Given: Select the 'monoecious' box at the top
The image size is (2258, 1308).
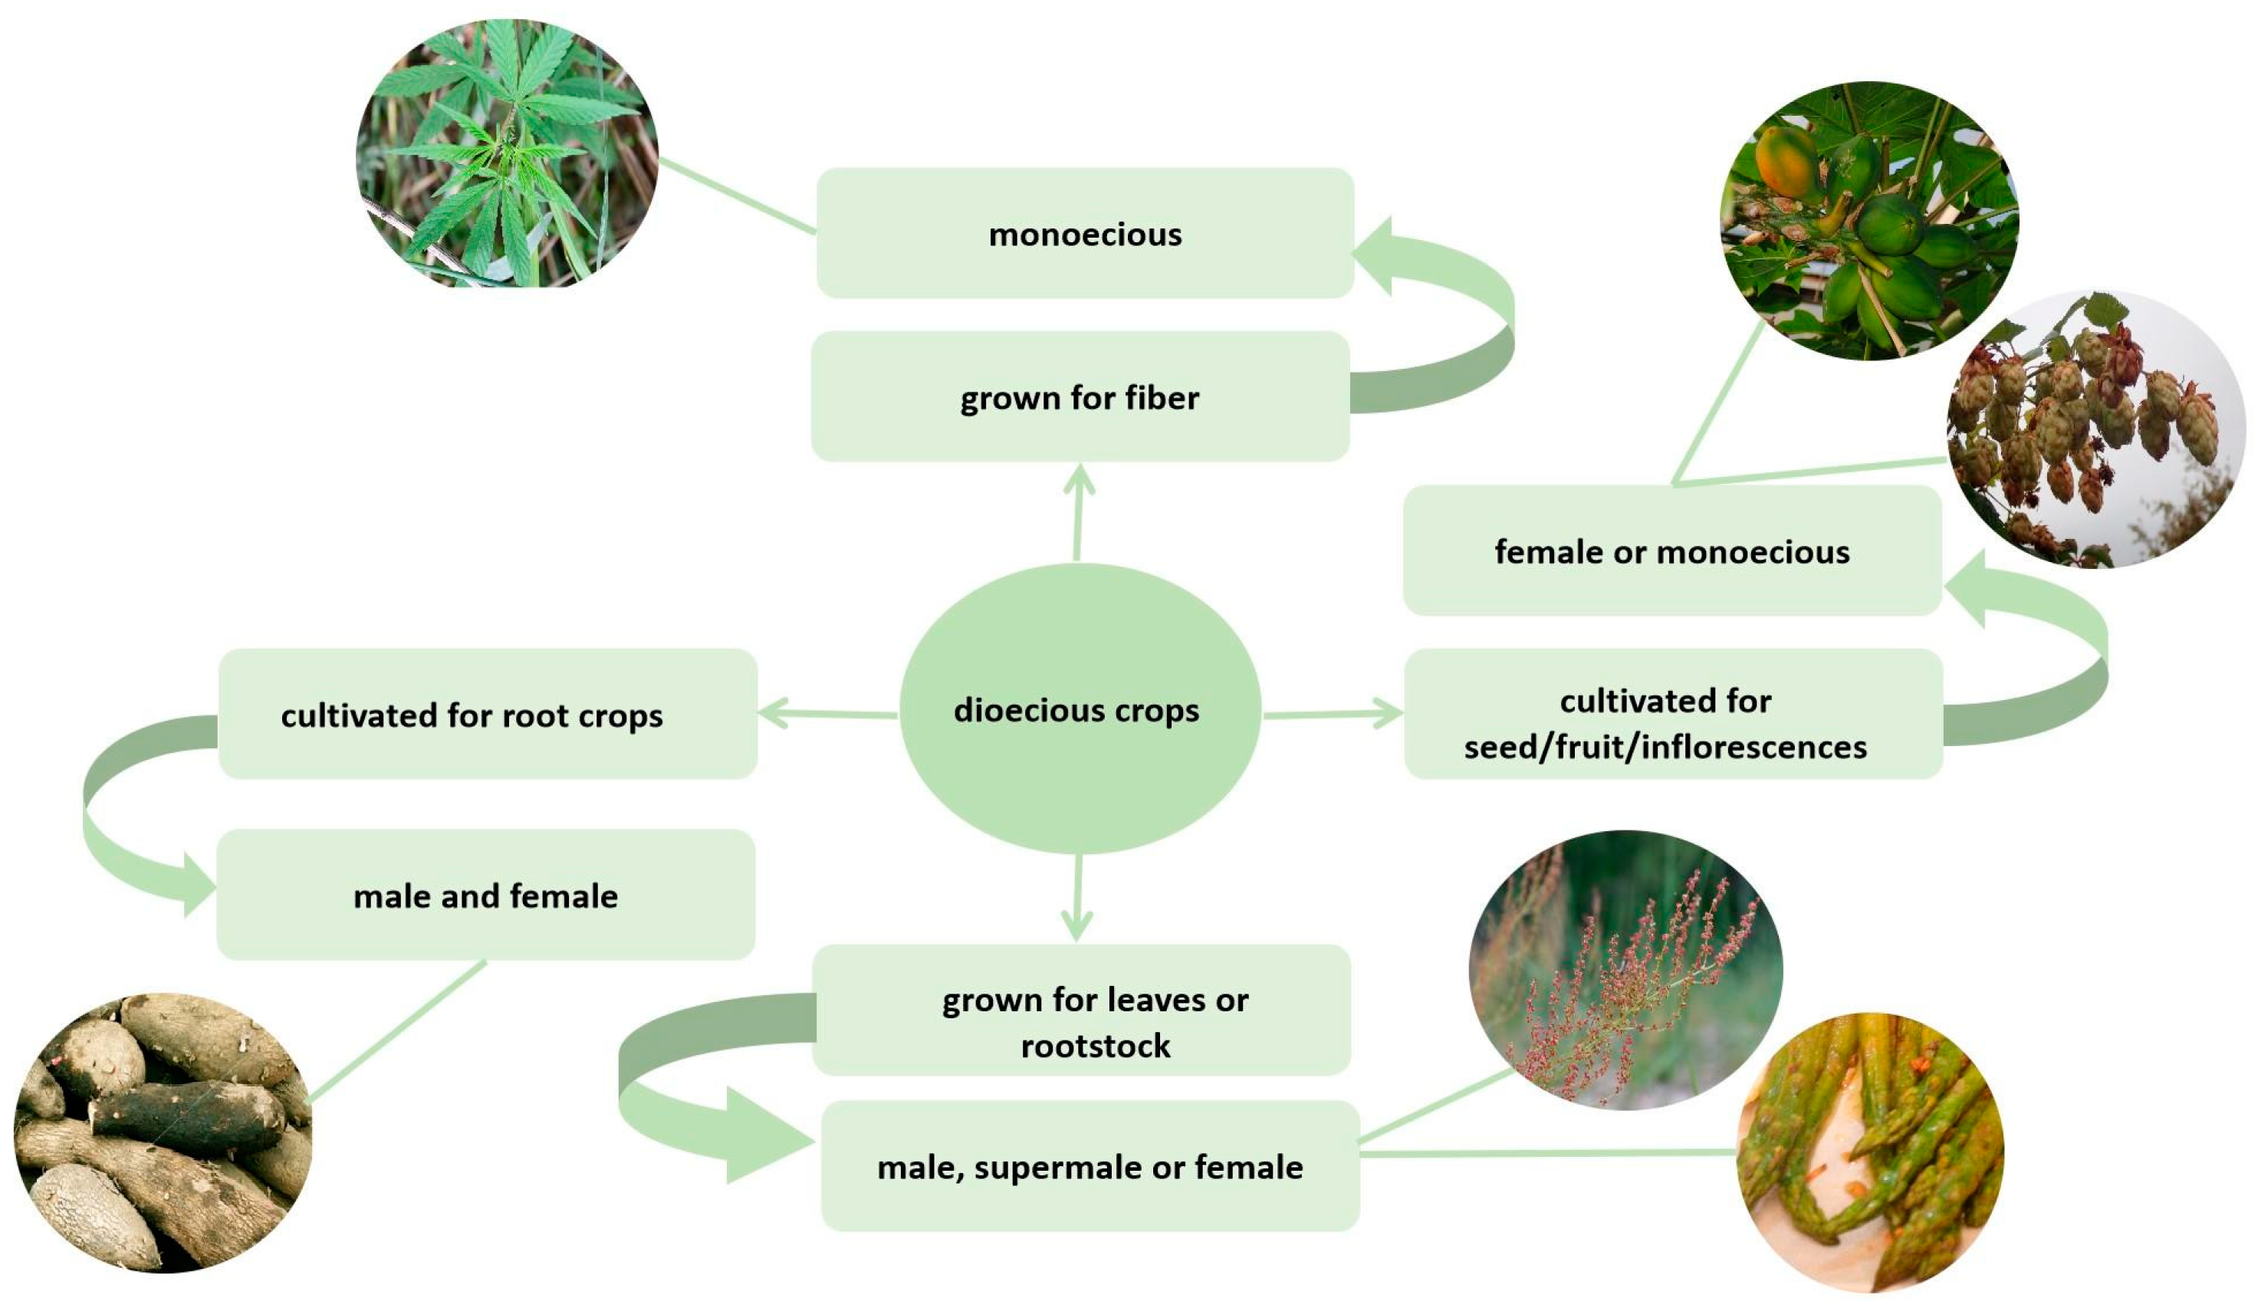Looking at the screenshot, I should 1084,234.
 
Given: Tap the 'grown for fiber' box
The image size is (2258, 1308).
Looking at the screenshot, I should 1080,397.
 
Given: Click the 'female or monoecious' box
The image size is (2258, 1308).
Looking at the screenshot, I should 1672,551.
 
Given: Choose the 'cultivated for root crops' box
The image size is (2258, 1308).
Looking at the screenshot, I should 488,715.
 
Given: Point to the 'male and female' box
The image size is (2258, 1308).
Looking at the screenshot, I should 485,895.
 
